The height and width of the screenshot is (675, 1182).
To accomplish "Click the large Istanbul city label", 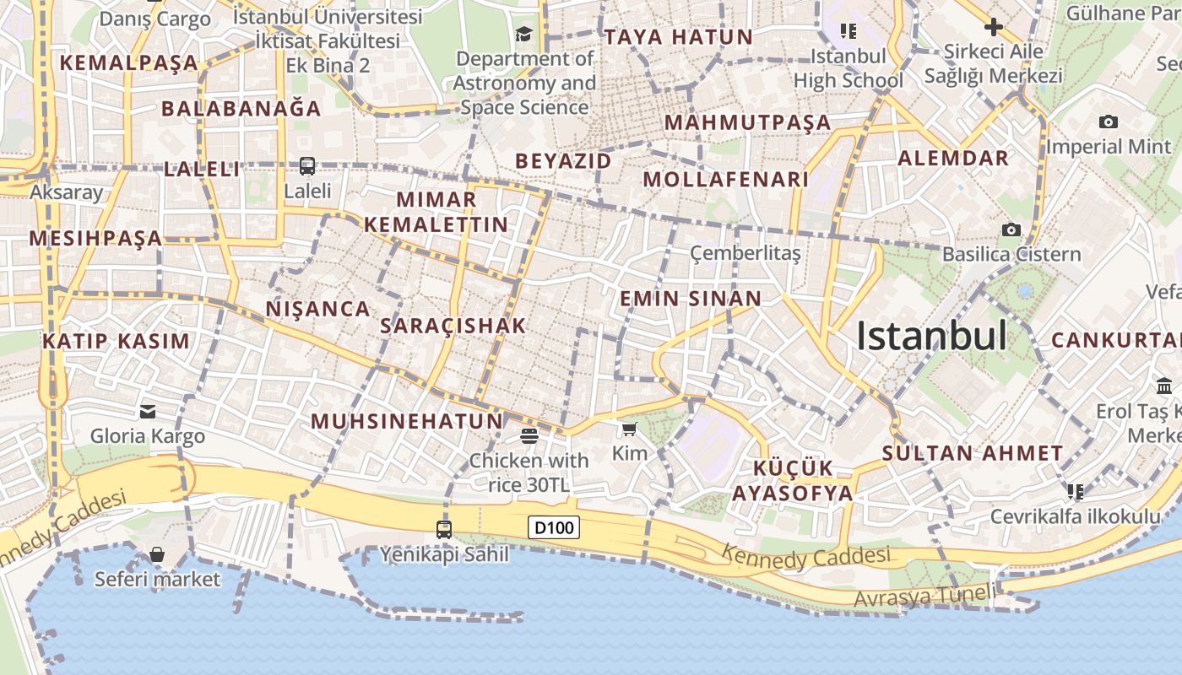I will pos(931,336).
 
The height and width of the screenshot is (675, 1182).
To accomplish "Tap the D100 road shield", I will pos(555,528).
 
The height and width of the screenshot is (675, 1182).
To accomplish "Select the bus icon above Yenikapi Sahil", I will pos(444,529).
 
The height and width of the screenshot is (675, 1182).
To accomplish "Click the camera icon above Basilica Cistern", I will pos(1011,229).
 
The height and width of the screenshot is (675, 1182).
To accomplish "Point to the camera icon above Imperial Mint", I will pos(1109,121).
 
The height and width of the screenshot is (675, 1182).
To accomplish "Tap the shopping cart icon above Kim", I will pos(629,429).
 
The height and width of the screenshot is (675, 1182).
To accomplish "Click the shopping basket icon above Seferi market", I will pos(157,554).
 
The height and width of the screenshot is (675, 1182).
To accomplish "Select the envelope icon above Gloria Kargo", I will pos(148,411).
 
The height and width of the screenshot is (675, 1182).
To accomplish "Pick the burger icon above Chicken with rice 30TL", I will pos(529,435).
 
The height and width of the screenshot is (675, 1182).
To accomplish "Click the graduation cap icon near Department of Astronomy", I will pos(524,34).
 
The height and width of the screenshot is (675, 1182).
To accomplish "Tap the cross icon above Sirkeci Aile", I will pos(994,27).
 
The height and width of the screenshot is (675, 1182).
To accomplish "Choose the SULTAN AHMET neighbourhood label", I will pos(973,453).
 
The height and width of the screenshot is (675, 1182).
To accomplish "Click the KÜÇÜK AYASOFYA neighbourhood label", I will pos(792,481).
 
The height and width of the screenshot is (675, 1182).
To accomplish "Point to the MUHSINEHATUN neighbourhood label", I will pos(407,421).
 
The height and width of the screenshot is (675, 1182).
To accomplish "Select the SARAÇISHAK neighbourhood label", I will pos(453,326).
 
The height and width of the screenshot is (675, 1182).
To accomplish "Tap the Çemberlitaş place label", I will pos(745,252).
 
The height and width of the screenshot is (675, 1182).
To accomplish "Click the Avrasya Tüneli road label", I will pos(924,596).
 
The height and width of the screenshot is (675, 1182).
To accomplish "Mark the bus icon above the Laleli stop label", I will pos(307,166).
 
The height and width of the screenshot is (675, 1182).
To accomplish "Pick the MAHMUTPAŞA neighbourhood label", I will pos(747,122).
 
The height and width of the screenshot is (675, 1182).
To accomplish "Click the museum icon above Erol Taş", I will pos(1164,386).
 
